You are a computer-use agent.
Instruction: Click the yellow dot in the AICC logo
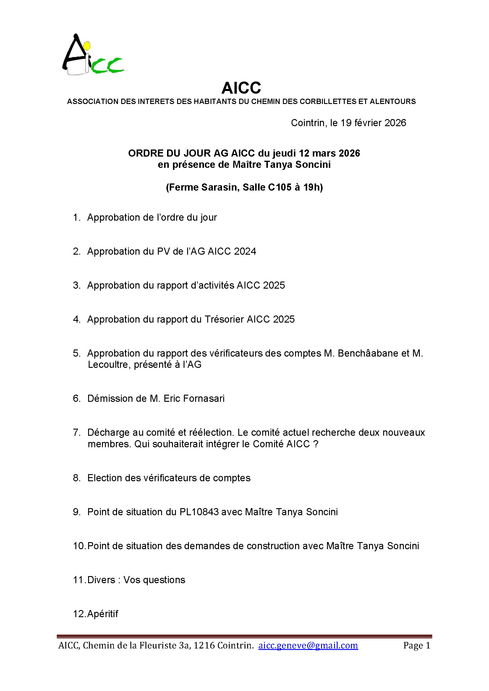tap(87, 46)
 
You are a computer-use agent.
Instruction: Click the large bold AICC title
tap(241, 88)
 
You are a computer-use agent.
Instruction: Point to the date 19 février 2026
tap(373, 123)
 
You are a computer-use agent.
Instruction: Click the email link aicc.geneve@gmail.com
tap(308, 645)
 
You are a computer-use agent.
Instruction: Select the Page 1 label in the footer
tap(417, 645)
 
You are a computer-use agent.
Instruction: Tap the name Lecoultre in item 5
tap(109, 365)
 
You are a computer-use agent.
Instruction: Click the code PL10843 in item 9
tap(199, 512)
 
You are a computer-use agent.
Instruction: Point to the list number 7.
tap(77, 433)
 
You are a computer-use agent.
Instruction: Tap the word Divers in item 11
tap(101, 580)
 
